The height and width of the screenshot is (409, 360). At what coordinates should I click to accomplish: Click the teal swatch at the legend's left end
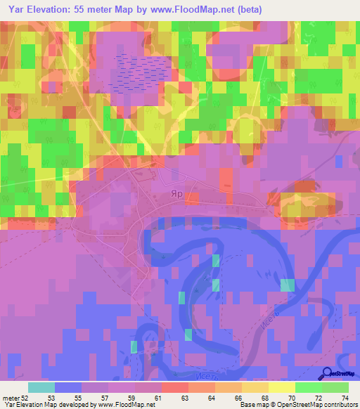coord(41,387)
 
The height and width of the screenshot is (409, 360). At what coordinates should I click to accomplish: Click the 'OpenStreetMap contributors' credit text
coord(318,405)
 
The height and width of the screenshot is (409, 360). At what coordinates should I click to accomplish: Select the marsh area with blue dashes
coord(144,71)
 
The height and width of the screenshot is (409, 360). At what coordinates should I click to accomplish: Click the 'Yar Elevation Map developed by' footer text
coord(48,405)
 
